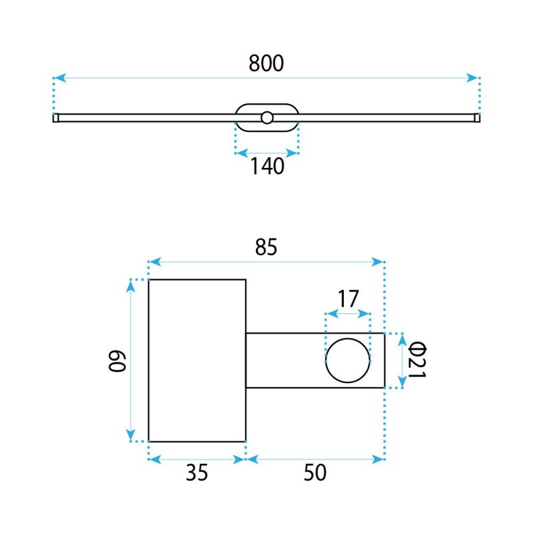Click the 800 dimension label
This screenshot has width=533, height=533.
click(x=266, y=63)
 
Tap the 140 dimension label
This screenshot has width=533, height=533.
click(x=267, y=166)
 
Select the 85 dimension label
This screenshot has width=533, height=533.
click(x=266, y=247)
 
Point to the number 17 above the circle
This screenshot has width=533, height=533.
click(x=348, y=298)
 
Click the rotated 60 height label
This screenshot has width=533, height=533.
click(x=117, y=361)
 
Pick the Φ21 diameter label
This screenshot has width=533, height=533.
click(x=417, y=360)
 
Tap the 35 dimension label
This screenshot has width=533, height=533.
click(x=197, y=472)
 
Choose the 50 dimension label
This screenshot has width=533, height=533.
click(x=315, y=472)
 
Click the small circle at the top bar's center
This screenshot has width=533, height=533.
click(x=267, y=118)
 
